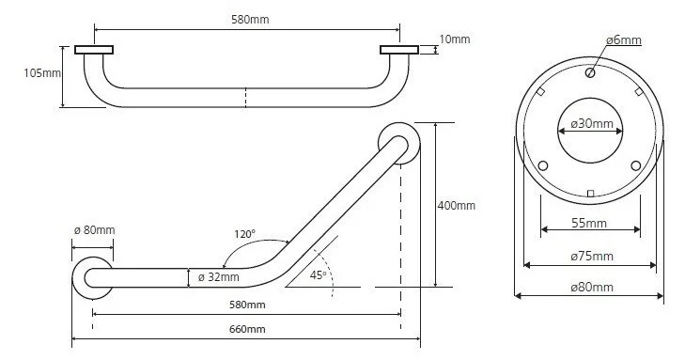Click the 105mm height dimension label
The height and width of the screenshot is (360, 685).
42,73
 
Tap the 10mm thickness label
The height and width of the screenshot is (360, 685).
455,39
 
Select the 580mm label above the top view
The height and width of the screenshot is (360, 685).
250,20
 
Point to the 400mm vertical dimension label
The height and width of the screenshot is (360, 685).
456,205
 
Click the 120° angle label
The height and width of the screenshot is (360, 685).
244,234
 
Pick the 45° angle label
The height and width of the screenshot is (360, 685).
318,275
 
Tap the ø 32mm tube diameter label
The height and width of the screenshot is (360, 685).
218,277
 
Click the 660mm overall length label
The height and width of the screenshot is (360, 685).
247,329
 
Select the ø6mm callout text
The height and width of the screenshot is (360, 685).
623,40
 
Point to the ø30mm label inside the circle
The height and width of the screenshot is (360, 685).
592,124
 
